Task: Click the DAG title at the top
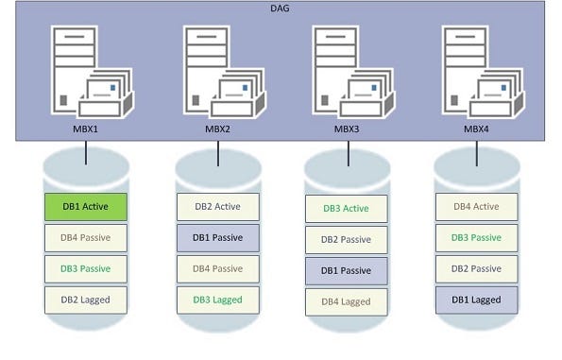[x=281, y=9]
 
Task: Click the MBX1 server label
[x=86, y=129]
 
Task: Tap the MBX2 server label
[x=217, y=129]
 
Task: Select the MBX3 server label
[x=347, y=129]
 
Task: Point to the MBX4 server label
[x=477, y=129]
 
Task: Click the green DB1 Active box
[x=86, y=207]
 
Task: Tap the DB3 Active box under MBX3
[x=346, y=209]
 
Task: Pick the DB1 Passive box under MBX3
[x=346, y=270]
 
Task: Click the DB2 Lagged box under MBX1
[x=86, y=300]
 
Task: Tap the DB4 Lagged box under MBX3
[x=346, y=301]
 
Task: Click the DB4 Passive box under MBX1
[x=86, y=238]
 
